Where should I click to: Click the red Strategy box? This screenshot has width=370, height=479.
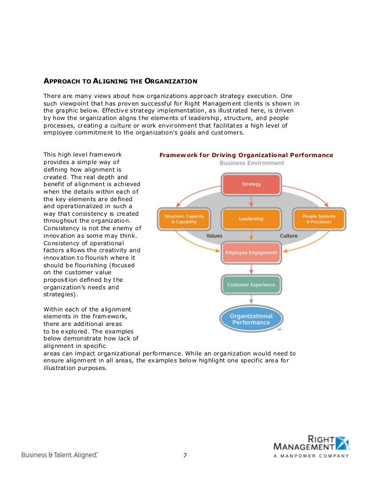[251, 184]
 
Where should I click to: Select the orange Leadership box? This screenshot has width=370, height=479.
[251, 219]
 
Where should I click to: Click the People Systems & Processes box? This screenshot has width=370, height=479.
[318, 219]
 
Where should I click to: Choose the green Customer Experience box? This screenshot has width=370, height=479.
[251, 285]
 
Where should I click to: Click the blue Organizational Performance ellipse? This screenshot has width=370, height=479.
[251, 319]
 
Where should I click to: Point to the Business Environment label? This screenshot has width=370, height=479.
[252, 164]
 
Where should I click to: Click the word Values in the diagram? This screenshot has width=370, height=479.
[215, 237]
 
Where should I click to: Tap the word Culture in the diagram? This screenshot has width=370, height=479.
[289, 237]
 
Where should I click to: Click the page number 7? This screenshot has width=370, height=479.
[185, 454]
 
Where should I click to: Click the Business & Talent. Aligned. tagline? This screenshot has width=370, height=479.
[60, 455]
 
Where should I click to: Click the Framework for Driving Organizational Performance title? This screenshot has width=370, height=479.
[246, 155]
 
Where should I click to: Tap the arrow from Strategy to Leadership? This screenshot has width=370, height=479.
[251, 201]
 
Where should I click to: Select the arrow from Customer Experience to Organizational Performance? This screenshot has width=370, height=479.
[251, 299]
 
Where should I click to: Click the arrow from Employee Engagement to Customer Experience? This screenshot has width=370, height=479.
[251, 267]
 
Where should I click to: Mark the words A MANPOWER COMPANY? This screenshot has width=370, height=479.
[311, 456]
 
